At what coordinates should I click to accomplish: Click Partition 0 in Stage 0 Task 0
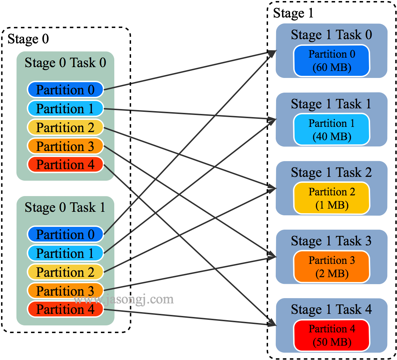click(x=65, y=90)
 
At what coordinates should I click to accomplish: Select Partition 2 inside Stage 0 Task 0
click(x=65, y=128)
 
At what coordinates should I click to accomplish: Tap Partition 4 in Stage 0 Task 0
click(x=65, y=165)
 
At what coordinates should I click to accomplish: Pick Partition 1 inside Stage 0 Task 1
click(x=65, y=253)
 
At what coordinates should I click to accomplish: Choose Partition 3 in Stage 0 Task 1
click(x=65, y=291)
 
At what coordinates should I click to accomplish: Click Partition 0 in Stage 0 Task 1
click(x=65, y=235)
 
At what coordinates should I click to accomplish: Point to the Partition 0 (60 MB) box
click(x=332, y=60)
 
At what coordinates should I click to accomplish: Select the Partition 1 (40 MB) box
click(x=332, y=129)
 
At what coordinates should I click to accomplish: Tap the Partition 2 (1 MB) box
click(x=332, y=198)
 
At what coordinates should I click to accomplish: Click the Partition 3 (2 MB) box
click(x=332, y=266)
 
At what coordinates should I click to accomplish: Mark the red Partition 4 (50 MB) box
click(x=332, y=335)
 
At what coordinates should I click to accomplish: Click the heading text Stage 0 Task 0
click(x=65, y=63)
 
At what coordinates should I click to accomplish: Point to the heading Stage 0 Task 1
click(x=65, y=208)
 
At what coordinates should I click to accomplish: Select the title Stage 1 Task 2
click(x=331, y=173)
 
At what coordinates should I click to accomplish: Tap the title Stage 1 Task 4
click(x=331, y=310)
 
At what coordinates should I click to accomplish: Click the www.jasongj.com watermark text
click(x=124, y=300)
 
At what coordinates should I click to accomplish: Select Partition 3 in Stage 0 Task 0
click(x=65, y=146)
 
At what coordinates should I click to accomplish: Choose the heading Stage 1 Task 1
click(x=331, y=104)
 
